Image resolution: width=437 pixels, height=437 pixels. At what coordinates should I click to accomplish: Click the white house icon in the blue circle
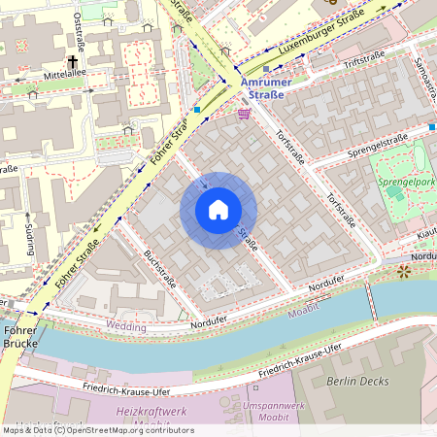(x=218, y=210)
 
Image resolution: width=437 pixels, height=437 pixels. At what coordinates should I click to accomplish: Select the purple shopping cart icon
(x=243, y=114)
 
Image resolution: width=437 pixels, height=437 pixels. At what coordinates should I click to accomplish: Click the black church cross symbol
(x=73, y=59)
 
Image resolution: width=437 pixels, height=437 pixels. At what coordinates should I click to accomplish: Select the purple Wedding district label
(x=126, y=326)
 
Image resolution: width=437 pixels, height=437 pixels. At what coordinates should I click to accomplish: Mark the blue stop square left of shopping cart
(x=197, y=110)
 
